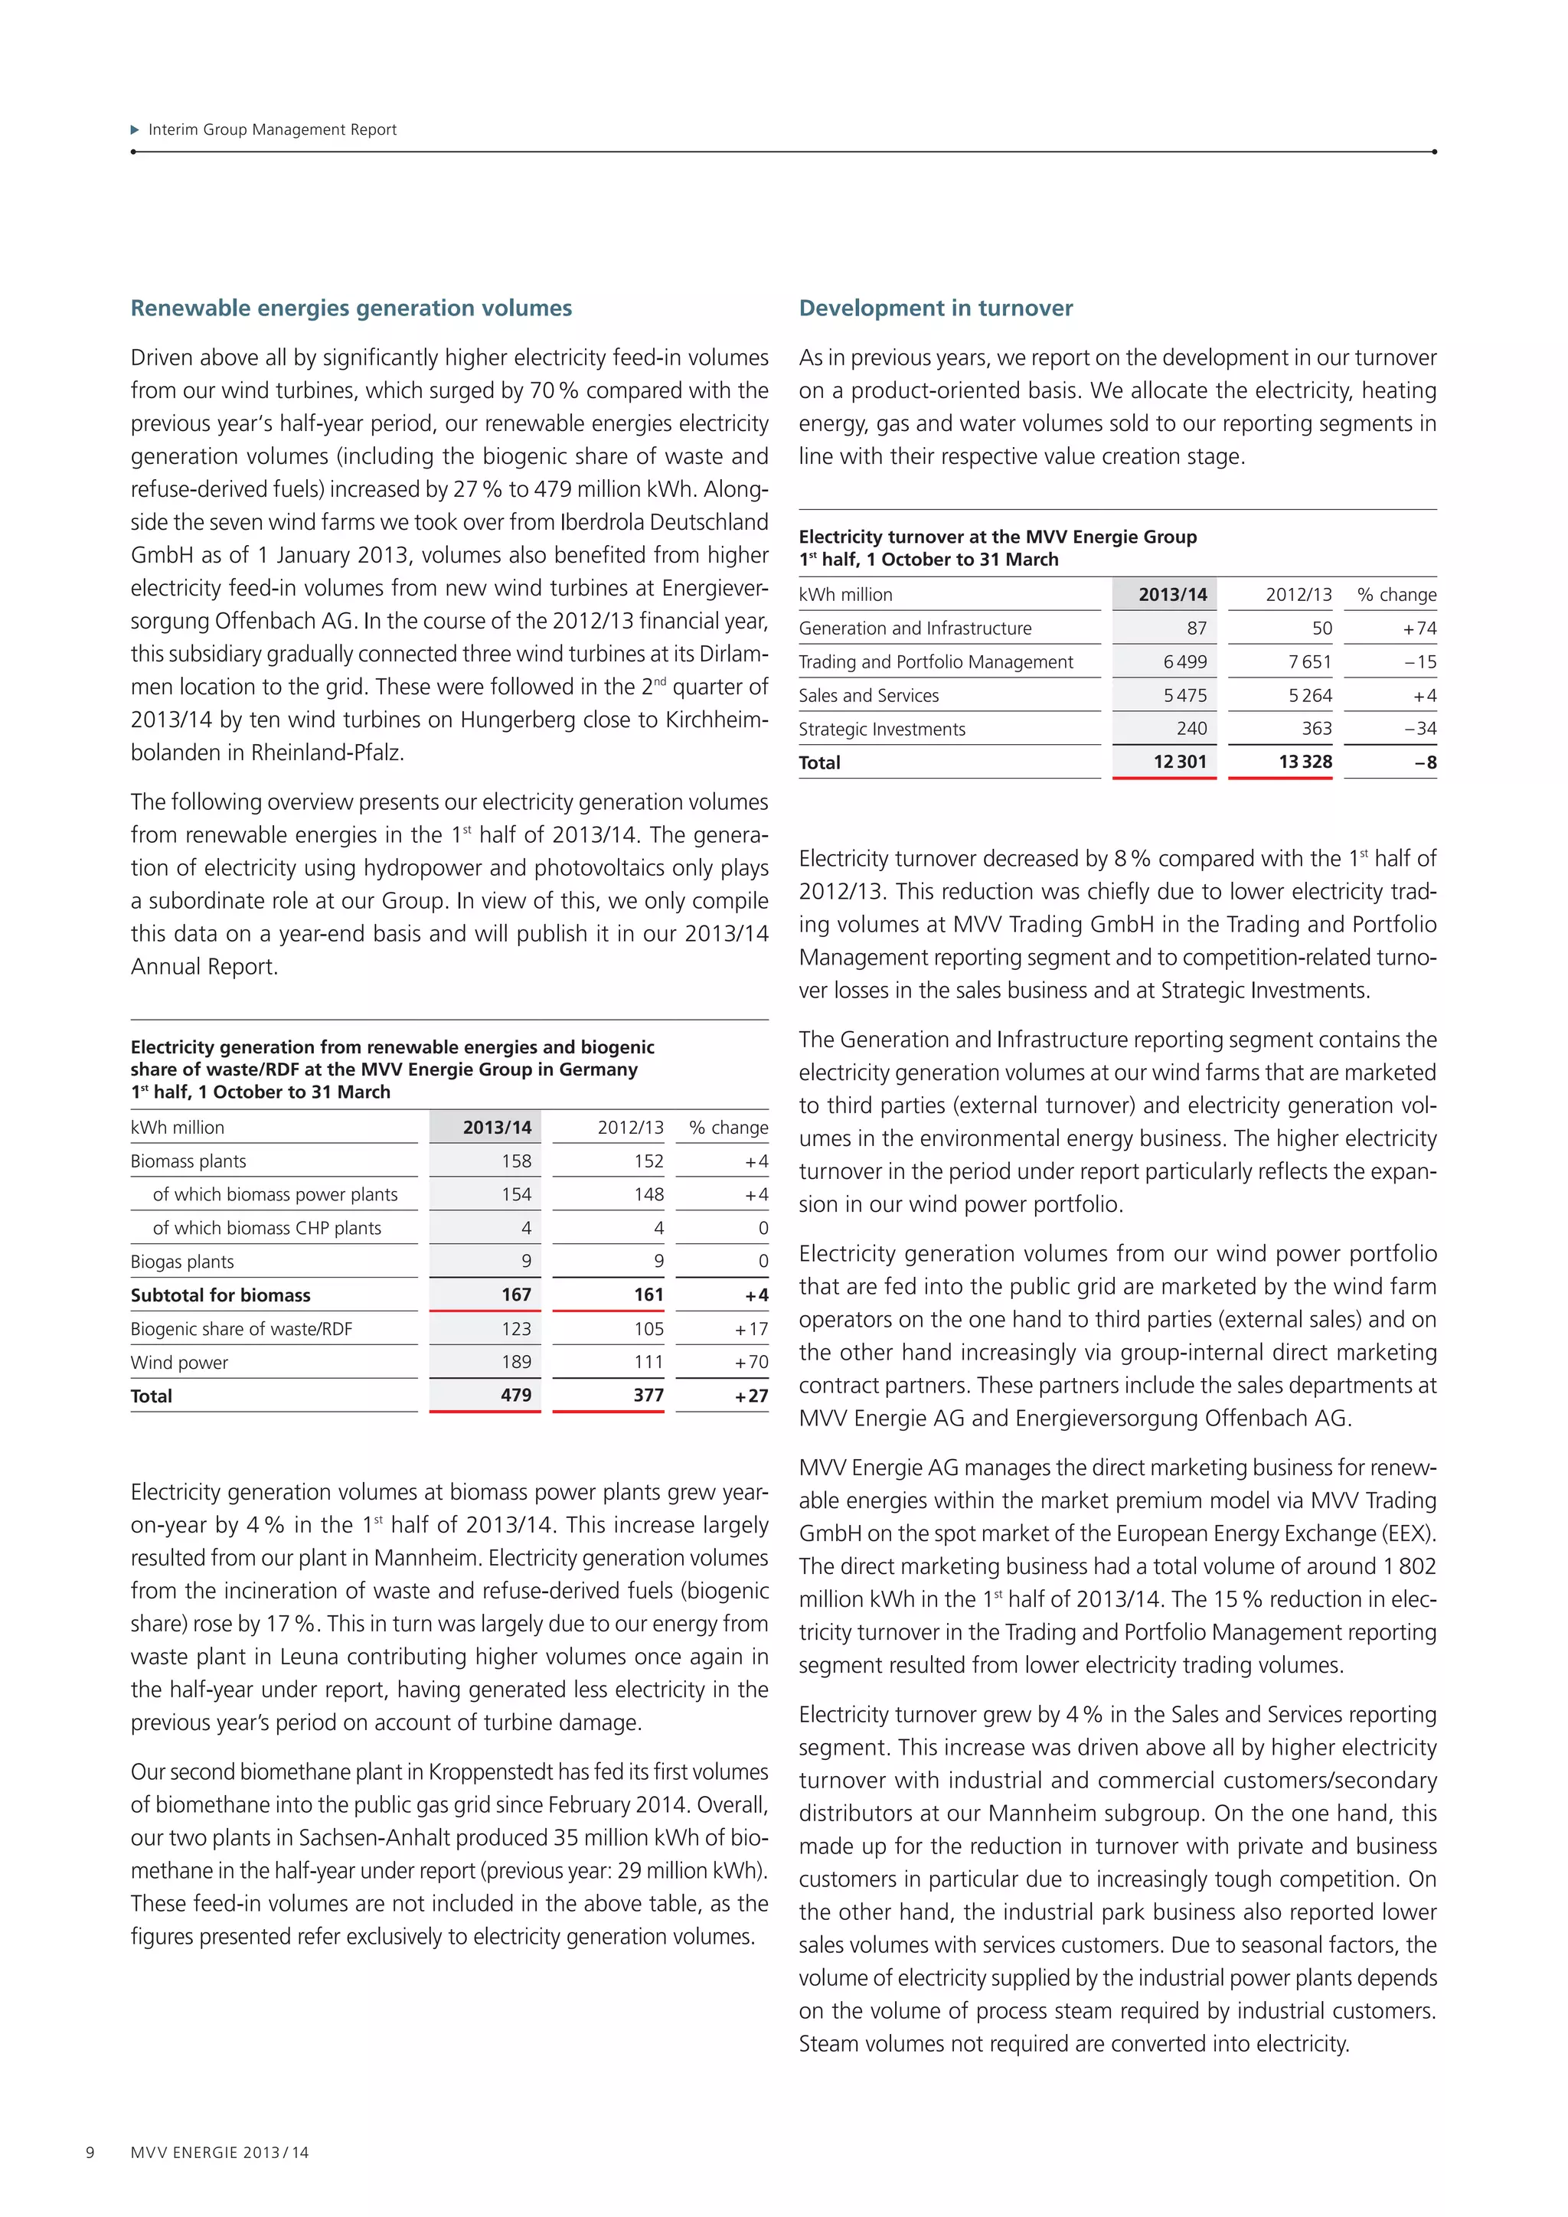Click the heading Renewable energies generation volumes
click(351, 308)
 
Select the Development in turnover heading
click(935, 308)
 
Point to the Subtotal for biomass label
click(220, 1295)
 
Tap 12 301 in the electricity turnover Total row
click(1179, 762)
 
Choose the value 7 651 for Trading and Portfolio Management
click(1308, 661)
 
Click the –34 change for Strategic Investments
click(1420, 729)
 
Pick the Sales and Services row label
click(868, 695)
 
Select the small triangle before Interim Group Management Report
click(136, 129)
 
